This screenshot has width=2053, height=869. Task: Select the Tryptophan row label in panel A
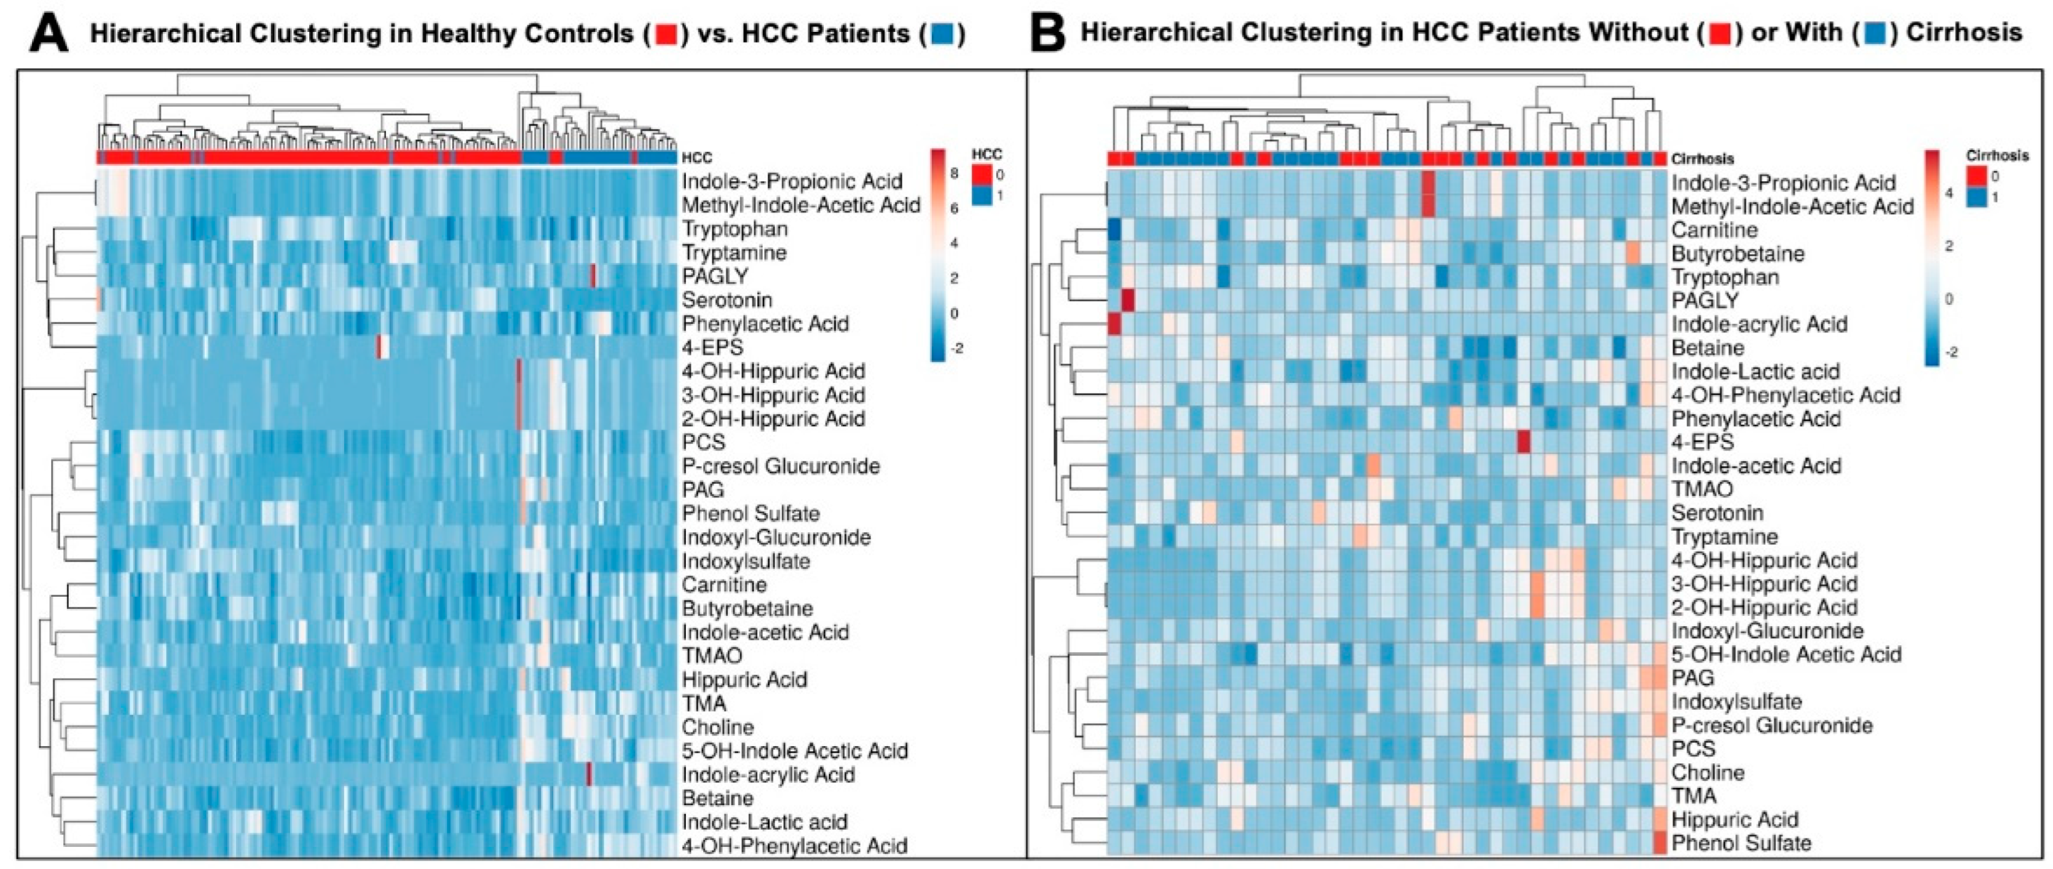tap(734, 229)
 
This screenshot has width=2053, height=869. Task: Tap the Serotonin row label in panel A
tap(726, 301)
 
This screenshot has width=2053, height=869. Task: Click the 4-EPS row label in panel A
tap(712, 347)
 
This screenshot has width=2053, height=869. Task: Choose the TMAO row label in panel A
tap(711, 656)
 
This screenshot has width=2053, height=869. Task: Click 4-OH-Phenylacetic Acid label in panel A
tap(794, 845)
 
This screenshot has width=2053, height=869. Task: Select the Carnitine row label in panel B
tap(1714, 230)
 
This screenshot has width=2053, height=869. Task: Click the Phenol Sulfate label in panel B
tap(1741, 843)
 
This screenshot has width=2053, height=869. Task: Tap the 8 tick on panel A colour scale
tap(954, 172)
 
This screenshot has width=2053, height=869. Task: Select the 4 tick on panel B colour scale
tap(1949, 194)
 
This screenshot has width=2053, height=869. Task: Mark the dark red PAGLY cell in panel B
tap(1128, 301)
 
